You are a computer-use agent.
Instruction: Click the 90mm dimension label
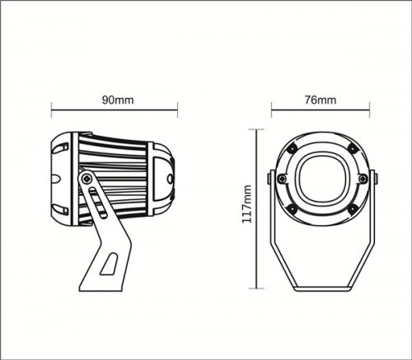point(118,100)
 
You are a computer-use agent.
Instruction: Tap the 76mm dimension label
point(321,100)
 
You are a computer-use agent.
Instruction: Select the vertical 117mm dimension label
point(246,204)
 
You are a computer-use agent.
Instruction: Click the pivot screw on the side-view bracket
point(87,179)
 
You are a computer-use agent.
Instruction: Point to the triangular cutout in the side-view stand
point(110,264)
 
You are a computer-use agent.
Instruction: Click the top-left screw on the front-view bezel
point(292,149)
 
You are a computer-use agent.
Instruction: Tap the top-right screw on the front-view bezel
point(353,149)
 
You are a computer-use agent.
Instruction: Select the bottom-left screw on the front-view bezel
point(292,209)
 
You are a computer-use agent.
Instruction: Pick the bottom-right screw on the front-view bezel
point(353,209)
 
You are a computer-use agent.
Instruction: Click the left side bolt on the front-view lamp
point(282,179)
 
